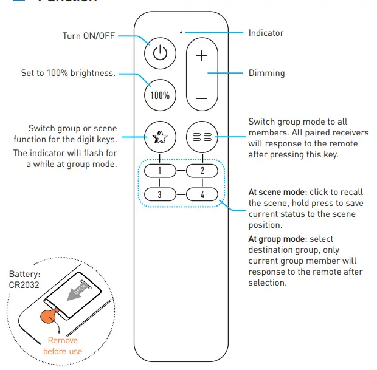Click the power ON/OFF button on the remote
point(159,54)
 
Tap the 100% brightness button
point(159,95)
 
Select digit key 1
point(159,170)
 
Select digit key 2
point(202,170)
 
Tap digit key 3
point(159,195)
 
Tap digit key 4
point(202,195)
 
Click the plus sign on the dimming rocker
point(202,55)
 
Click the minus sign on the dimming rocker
point(202,97)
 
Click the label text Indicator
point(266,33)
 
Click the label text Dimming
point(266,74)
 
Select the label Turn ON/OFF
point(89,36)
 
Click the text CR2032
point(24,286)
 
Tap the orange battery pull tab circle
point(48,316)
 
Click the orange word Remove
point(63,341)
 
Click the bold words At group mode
point(274,239)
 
